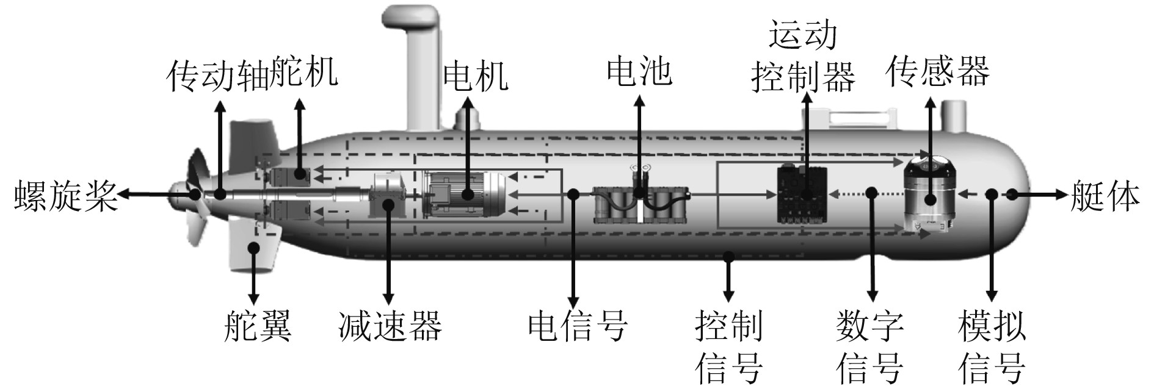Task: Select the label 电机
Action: coord(475,77)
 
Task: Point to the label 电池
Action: coord(639,72)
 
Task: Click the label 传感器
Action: coord(937,72)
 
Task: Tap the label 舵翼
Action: coord(257,325)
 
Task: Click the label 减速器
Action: coord(390,325)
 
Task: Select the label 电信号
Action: coord(577,325)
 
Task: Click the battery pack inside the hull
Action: coord(641,204)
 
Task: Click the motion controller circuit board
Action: coord(802,193)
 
